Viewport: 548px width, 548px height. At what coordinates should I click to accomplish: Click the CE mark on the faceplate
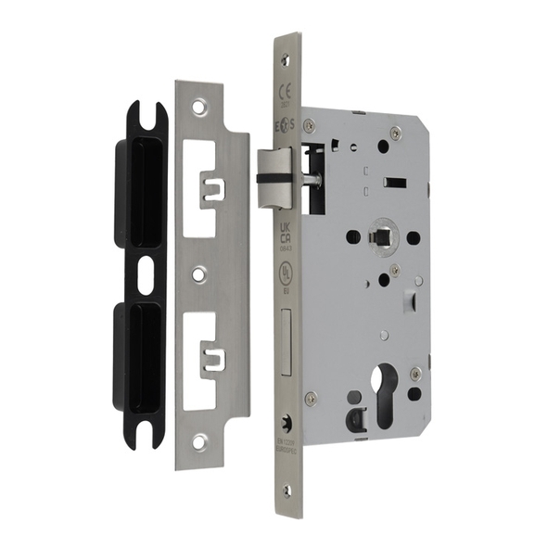click(287, 90)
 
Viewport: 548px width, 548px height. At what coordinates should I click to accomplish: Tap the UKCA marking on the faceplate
click(287, 229)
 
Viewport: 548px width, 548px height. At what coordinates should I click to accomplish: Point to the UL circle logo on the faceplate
click(287, 274)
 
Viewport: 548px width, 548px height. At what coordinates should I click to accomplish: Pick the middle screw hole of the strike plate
click(198, 274)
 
